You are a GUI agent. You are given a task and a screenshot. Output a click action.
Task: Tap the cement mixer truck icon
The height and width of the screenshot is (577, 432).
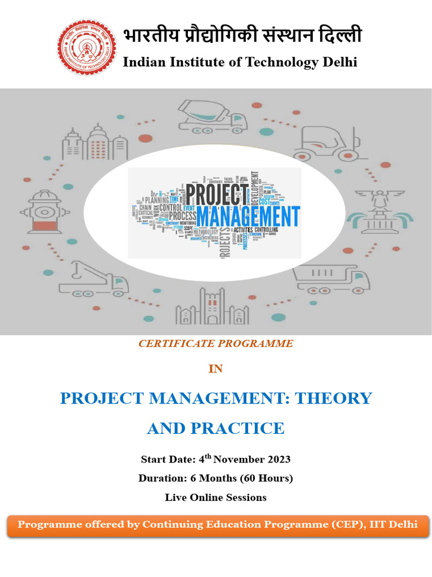click(212, 117)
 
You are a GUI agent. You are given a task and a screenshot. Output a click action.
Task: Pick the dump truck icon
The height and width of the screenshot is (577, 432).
click(332, 278)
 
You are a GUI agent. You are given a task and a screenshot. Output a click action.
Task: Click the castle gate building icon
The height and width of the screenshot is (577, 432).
click(211, 307)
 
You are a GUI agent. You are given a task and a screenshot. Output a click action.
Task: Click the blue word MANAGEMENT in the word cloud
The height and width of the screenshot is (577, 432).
click(247, 216)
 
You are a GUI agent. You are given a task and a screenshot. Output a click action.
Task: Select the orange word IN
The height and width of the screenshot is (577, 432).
click(215, 369)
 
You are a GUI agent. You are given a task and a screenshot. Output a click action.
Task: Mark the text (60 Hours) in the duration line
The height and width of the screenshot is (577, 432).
click(267, 478)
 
